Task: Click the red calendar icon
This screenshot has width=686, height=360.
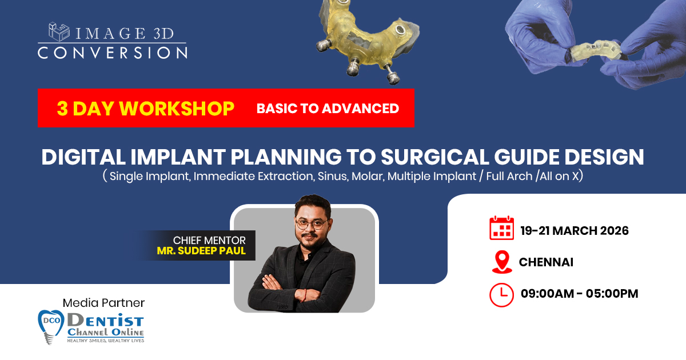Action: pos(502,228)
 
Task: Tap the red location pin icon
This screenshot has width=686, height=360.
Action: pos(502,262)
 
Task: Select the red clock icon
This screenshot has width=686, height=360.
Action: pos(502,295)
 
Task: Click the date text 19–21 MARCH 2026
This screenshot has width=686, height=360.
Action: pos(575,230)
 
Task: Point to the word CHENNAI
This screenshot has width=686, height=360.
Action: pos(546,262)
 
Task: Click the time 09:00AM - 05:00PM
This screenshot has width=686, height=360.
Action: pos(580,293)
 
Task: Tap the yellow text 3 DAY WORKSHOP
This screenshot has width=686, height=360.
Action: pos(145,109)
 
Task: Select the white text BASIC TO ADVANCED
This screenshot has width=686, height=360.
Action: pos(328,109)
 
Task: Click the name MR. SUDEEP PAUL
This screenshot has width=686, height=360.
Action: pos(201,251)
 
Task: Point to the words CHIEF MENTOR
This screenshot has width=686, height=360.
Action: pos(209,241)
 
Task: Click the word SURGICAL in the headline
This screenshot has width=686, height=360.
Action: pos(435,157)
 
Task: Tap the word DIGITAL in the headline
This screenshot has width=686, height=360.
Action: pos(83,157)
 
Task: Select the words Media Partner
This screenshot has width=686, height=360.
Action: pos(103,303)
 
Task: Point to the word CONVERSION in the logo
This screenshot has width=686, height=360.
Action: pos(113,53)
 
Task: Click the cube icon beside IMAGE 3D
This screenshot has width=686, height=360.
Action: pos(59,32)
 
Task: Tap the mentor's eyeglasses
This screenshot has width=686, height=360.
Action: pos(311,225)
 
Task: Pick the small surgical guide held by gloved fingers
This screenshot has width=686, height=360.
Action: pos(596,51)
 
